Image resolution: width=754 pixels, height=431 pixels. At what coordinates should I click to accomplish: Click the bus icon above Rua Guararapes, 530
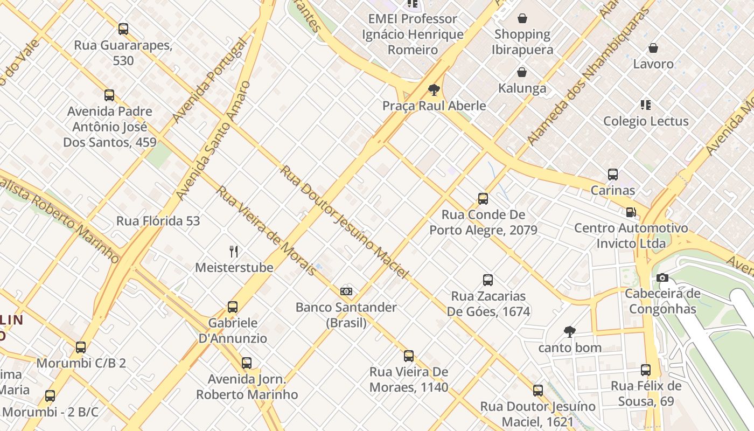pyautogui.click(x=123, y=29)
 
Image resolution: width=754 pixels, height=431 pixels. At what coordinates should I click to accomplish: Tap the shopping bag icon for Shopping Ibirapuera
pyautogui.click(x=522, y=19)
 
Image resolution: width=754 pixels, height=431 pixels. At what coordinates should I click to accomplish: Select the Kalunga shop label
pyautogui.click(x=522, y=88)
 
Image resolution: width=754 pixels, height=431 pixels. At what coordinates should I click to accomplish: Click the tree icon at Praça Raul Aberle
pyautogui.click(x=434, y=90)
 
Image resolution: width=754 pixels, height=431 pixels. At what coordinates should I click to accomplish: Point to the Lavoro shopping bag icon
pyautogui.click(x=653, y=48)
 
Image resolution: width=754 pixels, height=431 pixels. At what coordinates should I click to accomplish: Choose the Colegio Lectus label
pyautogui.click(x=646, y=121)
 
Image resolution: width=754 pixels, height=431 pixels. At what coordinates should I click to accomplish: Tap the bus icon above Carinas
pyautogui.click(x=613, y=175)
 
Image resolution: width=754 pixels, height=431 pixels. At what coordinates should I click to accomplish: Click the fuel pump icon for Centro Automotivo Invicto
pyautogui.click(x=631, y=212)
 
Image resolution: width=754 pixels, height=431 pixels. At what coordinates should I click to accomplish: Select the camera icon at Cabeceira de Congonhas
pyautogui.click(x=662, y=278)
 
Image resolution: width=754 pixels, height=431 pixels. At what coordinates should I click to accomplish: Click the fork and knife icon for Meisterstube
pyautogui.click(x=234, y=252)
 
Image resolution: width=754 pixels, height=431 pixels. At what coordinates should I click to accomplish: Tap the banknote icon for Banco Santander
pyautogui.click(x=346, y=291)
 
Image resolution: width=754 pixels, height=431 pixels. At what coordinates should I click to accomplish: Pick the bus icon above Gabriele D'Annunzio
pyautogui.click(x=233, y=307)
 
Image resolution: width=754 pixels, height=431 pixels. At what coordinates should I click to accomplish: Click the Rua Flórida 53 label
pyautogui.click(x=158, y=221)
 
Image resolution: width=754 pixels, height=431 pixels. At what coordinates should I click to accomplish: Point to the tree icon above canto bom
pyautogui.click(x=570, y=331)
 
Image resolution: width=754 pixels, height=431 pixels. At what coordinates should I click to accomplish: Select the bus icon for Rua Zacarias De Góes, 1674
pyautogui.click(x=488, y=280)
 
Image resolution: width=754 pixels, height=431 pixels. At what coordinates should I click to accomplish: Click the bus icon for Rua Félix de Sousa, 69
pyautogui.click(x=646, y=370)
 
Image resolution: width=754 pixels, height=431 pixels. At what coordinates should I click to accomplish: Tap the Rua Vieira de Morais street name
pyautogui.click(x=266, y=231)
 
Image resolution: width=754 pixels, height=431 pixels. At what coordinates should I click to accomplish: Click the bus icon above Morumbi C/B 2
pyautogui.click(x=81, y=347)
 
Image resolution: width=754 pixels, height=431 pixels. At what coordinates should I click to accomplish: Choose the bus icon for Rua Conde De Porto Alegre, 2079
pyautogui.click(x=483, y=199)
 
